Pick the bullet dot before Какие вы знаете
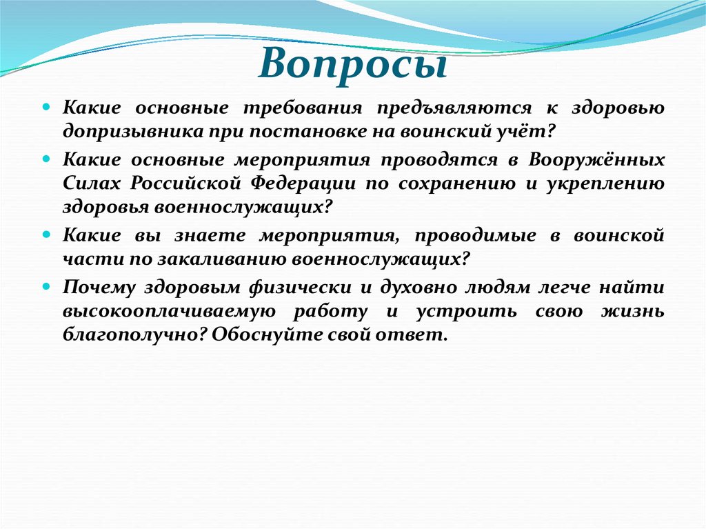tap(46, 234)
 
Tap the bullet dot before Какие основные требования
tap(46, 108)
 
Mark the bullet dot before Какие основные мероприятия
tap(46, 160)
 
